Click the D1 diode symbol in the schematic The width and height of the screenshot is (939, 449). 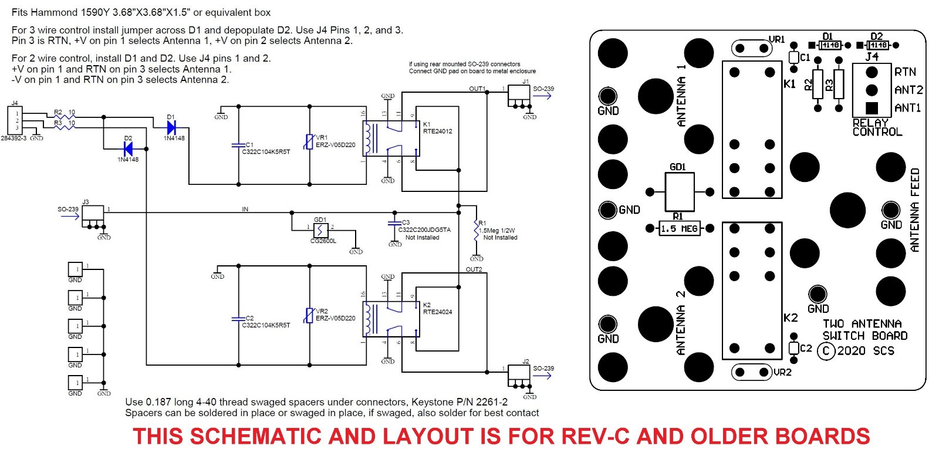(x=171, y=127)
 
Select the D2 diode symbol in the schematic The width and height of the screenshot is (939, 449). (x=127, y=148)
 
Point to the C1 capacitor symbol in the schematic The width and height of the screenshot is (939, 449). (x=239, y=144)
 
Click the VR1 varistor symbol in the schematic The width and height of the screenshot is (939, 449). (x=309, y=142)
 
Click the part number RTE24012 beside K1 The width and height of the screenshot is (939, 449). (x=437, y=131)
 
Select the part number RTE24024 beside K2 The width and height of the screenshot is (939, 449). (x=437, y=312)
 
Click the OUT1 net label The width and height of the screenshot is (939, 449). (x=477, y=89)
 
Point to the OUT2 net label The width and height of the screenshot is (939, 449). (x=474, y=270)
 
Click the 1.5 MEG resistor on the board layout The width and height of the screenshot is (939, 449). (x=679, y=228)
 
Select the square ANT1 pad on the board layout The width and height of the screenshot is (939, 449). (x=872, y=108)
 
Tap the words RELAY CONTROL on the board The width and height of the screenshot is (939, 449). (x=877, y=127)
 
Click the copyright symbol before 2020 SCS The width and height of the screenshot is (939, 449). (x=826, y=351)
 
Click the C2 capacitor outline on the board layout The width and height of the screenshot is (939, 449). (x=794, y=348)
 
